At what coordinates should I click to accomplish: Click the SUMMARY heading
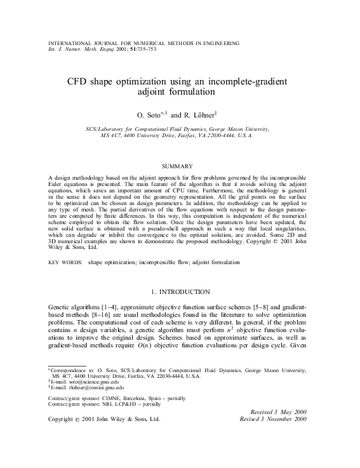tap(180, 166)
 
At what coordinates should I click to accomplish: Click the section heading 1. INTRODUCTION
tap(180, 291)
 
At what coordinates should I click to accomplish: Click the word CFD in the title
tap(79, 82)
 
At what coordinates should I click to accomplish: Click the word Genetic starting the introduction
tap(60, 307)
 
